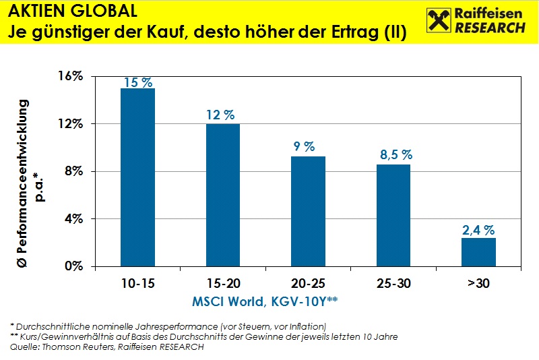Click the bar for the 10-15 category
click(x=137, y=177)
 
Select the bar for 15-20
click(x=223, y=195)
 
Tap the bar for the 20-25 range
click(x=308, y=211)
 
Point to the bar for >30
click(x=478, y=251)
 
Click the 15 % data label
click(x=137, y=82)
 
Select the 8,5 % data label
click(x=394, y=155)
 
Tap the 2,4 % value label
click(x=478, y=229)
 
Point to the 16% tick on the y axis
click(x=69, y=76)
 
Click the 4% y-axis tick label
click(x=72, y=218)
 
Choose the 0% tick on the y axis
click(x=72, y=266)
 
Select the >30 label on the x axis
click(x=478, y=284)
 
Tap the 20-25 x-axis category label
click(x=308, y=284)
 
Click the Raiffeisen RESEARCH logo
click(x=476, y=21)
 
